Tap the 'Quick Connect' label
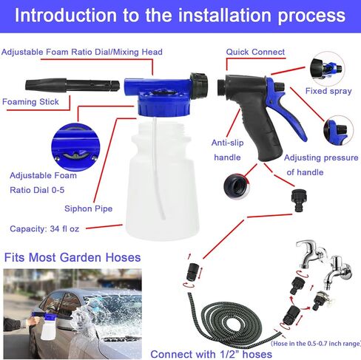coord(255,52)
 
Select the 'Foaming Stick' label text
coord(30,101)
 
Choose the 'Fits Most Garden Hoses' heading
coord(72,258)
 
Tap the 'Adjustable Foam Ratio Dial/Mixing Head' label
coord(81,52)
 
